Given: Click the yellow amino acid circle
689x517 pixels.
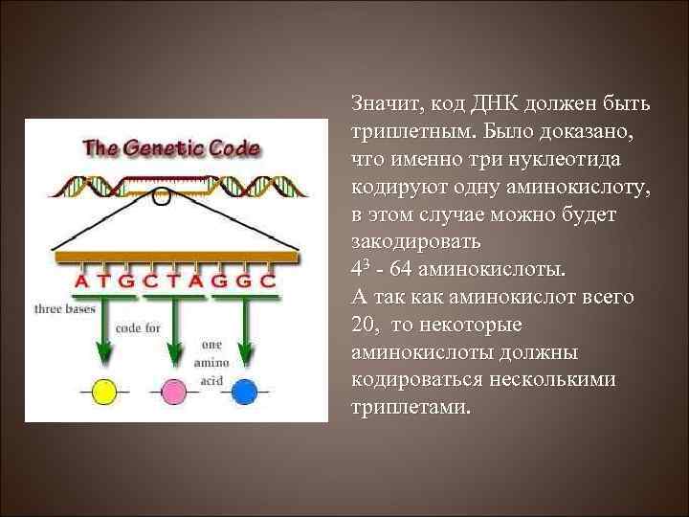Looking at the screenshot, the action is coord(103,392).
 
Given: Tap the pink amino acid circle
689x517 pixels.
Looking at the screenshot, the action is coord(174,392).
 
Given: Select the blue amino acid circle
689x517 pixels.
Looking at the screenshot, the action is coord(245,392).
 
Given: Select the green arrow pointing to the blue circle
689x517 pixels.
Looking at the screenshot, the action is coord(245,330).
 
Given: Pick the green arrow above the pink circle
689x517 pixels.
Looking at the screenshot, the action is coord(174,330).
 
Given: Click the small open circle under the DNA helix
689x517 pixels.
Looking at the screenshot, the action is coord(163,198).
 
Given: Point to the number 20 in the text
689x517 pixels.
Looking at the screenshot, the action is coord(365,325).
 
